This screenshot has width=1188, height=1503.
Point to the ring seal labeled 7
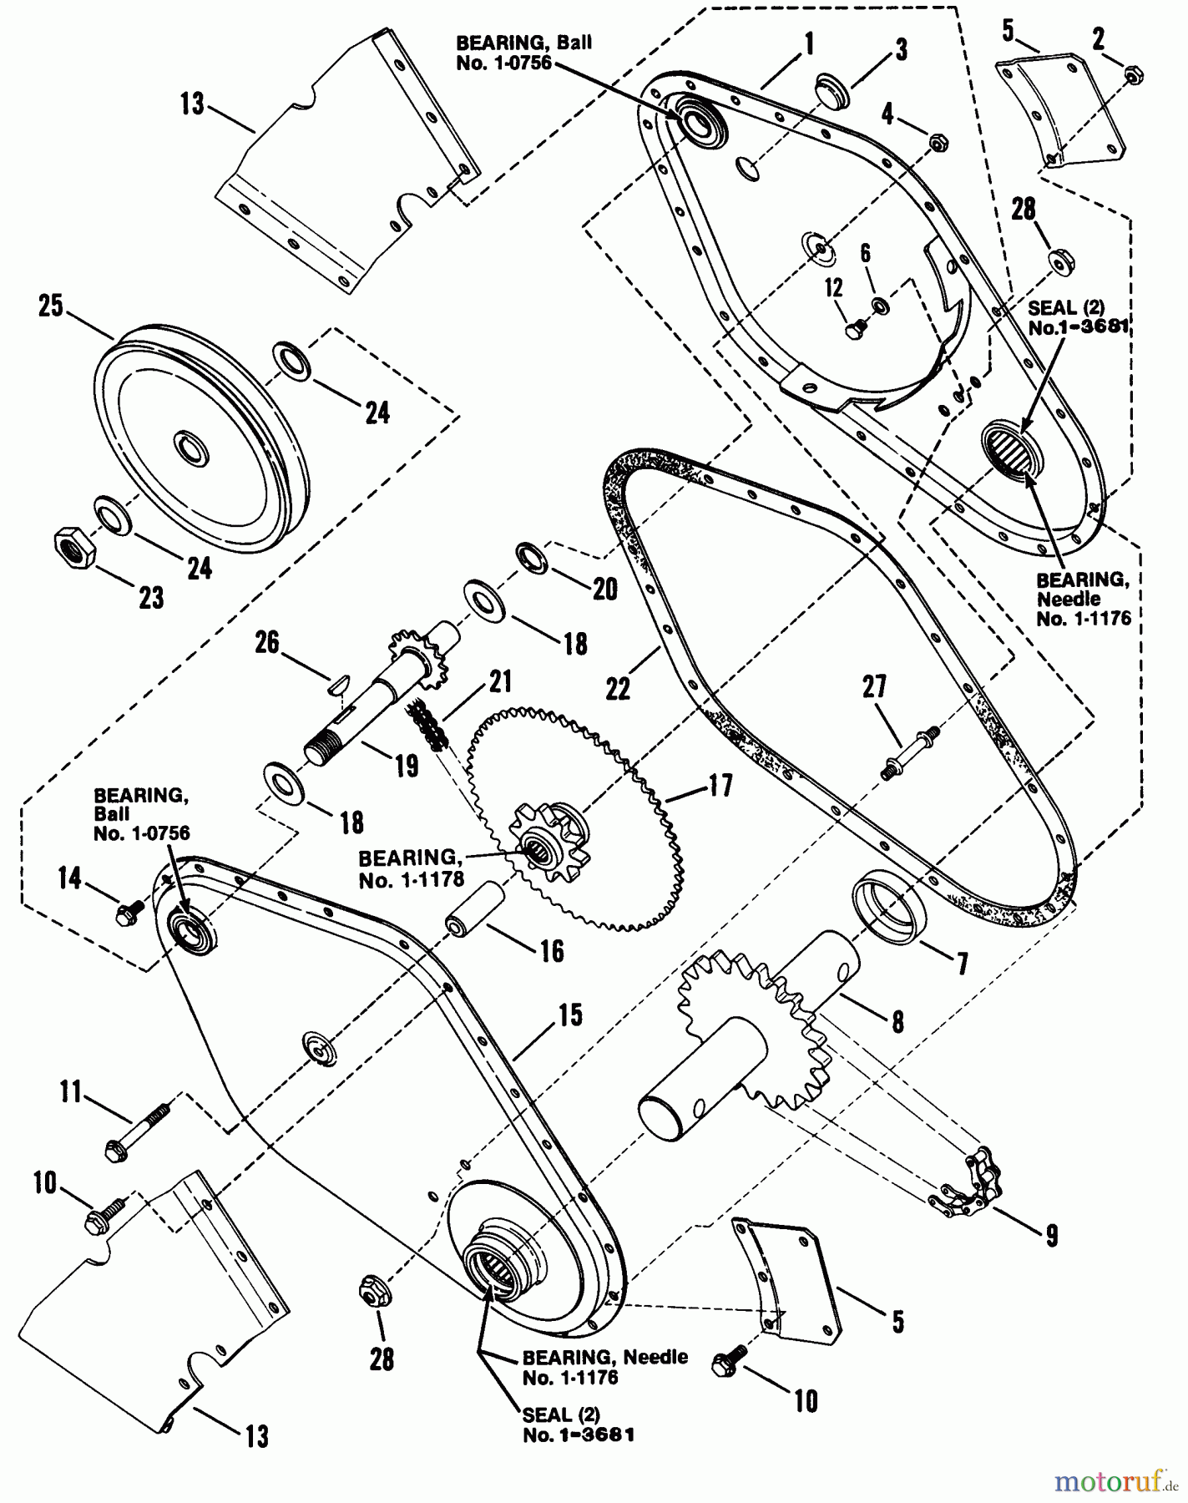[888, 907]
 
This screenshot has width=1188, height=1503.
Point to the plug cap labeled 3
[831, 90]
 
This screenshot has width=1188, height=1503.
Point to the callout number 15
[570, 1015]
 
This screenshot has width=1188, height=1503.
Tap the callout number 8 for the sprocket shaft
[897, 1020]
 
